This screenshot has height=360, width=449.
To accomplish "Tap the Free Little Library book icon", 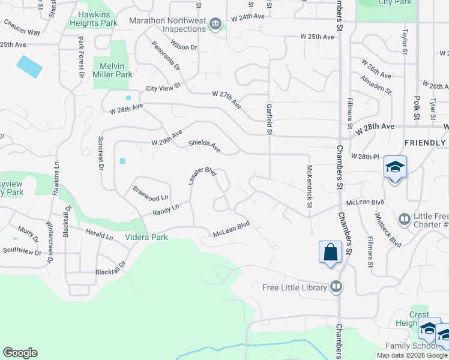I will pyautogui.click(x=336, y=287).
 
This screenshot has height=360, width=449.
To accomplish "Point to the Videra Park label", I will pyautogui.click(x=146, y=237).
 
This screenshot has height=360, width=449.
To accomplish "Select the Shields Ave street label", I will pyautogui.click(x=204, y=146).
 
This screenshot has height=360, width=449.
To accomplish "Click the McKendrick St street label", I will pyautogui.click(x=310, y=186).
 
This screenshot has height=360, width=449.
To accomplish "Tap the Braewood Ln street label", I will pyautogui.click(x=151, y=192).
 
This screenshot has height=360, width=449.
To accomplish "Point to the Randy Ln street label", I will pyautogui.click(x=166, y=209).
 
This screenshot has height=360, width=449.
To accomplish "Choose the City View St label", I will pyautogui.click(x=164, y=88).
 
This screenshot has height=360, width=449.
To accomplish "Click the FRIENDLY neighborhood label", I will pyautogui.click(x=424, y=143).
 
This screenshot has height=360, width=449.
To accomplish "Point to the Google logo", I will pyautogui.click(x=20, y=353).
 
